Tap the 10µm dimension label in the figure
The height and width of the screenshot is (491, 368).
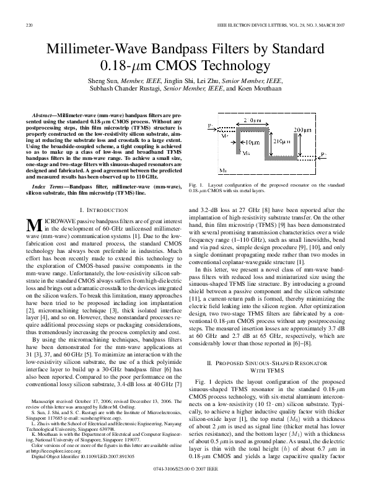point(232,143)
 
